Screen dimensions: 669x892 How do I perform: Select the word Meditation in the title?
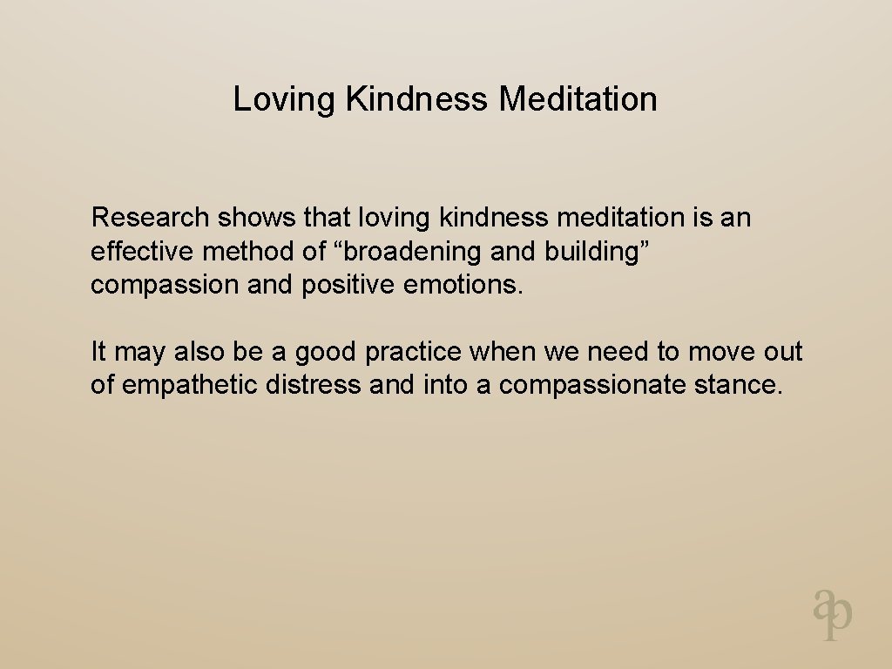coord(578,99)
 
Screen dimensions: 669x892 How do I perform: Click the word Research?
coord(150,217)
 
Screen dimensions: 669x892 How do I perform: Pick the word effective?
coord(143,252)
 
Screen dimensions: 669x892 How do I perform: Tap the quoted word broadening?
coord(414,252)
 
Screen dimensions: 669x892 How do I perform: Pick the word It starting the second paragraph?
coord(98,352)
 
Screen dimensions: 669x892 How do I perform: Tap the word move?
coord(720,352)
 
